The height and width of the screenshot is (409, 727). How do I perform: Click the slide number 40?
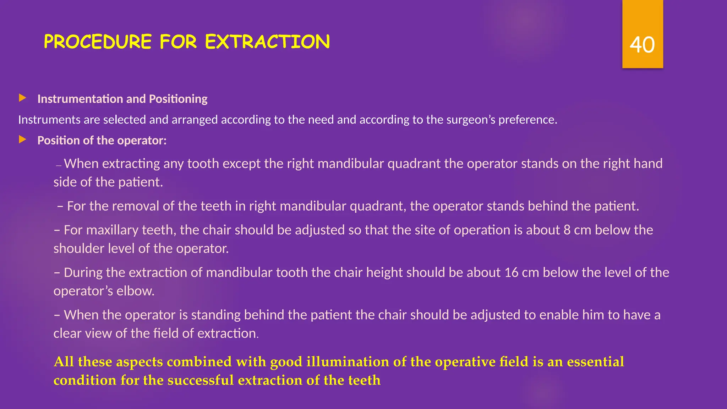(x=642, y=45)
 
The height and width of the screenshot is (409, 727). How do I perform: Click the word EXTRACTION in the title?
(x=267, y=42)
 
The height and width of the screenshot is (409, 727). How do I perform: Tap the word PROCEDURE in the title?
(x=98, y=42)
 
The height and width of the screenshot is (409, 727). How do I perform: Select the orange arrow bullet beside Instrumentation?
(x=23, y=98)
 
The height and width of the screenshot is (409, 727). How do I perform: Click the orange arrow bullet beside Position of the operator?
(x=23, y=140)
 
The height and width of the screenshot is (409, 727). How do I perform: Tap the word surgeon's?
(x=470, y=120)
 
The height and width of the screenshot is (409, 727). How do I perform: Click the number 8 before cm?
(x=567, y=230)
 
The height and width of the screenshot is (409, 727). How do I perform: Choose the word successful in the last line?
(x=200, y=380)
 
